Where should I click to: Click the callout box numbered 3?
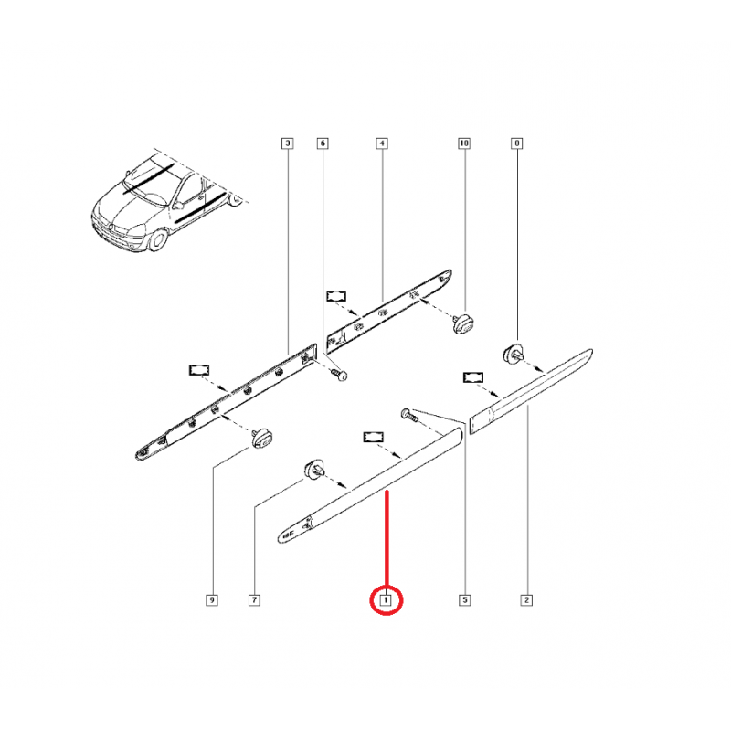tap(288, 143)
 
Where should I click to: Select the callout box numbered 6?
tap(323, 143)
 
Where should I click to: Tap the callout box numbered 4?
tap(382, 143)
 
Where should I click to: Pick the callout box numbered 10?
tap(464, 143)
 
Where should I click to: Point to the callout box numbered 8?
tap(516, 143)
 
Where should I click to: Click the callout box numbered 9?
tap(212, 600)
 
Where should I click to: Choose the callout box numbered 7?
tap(254, 600)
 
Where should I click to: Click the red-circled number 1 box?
tap(386, 600)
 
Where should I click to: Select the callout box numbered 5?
tap(464, 600)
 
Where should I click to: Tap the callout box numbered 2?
tap(526, 600)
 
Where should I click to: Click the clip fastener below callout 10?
tap(464, 323)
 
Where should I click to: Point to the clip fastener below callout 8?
tap(514, 354)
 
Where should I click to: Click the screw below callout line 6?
tap(340, 375)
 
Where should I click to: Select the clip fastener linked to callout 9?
tap(262, 439)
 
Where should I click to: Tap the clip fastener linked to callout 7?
tap(315, 469)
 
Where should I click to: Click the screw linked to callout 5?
tap(409, 415)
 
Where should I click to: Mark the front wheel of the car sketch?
tap(157, 238)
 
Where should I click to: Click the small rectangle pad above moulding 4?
tap(336, 296)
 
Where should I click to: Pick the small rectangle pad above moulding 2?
tap(473, 377)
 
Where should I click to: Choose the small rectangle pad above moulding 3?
tap(199, 370)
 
